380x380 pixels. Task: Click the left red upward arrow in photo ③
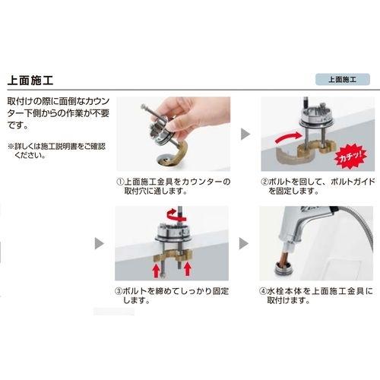[x=150, y=268]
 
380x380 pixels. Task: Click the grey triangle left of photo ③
[x=100, y=245]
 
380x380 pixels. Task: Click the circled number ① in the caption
[x=119, y=182]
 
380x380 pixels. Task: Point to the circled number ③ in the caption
[x=119, y=290]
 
